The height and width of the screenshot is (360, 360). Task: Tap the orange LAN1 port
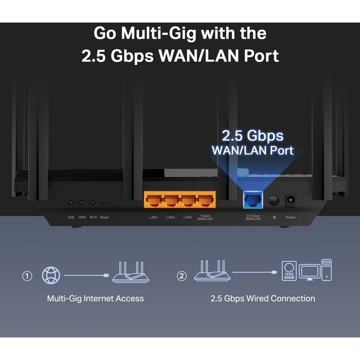click(x=154, y=200)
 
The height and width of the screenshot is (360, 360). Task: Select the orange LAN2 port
click(x=171, y=200)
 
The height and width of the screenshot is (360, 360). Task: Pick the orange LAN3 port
click(x=188, y=200)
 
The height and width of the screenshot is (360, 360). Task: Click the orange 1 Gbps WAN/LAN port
click(x=205, y=200)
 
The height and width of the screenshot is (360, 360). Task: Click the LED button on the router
click(x=71, y=203)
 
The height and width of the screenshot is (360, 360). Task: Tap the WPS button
click(x=82, y=203)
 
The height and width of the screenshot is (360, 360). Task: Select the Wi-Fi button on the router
click(x=93, y=203)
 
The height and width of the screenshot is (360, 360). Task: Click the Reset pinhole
click(x=104, y=203)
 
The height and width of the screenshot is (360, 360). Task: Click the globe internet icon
click(x=52, y=276)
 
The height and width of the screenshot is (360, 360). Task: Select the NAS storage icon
click(x=289, y=271)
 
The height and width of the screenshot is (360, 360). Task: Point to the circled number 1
click(x=27, y=276)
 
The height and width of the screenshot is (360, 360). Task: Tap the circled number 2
click(x=182, y=276)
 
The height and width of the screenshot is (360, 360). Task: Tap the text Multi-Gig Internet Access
click(x=95, y=298)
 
